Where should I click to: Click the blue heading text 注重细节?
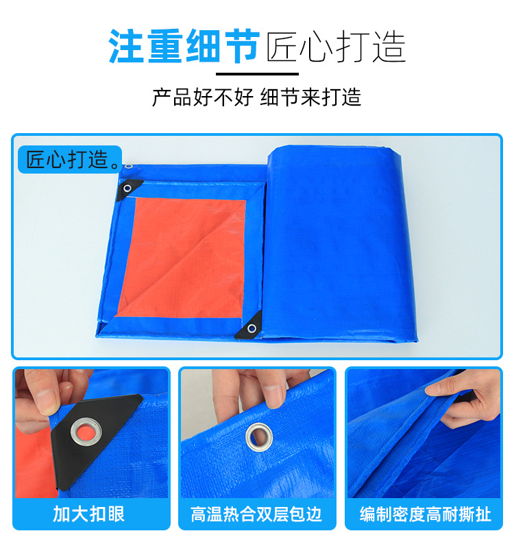183,46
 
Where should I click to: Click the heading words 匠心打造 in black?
336,46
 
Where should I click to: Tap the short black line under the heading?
257,73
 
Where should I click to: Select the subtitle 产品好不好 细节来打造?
256,97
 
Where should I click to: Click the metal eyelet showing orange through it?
86,431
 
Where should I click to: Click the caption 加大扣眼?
90,514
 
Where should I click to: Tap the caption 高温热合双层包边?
257,514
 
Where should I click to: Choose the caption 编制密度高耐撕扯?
426,514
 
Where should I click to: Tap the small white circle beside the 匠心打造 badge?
126,165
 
